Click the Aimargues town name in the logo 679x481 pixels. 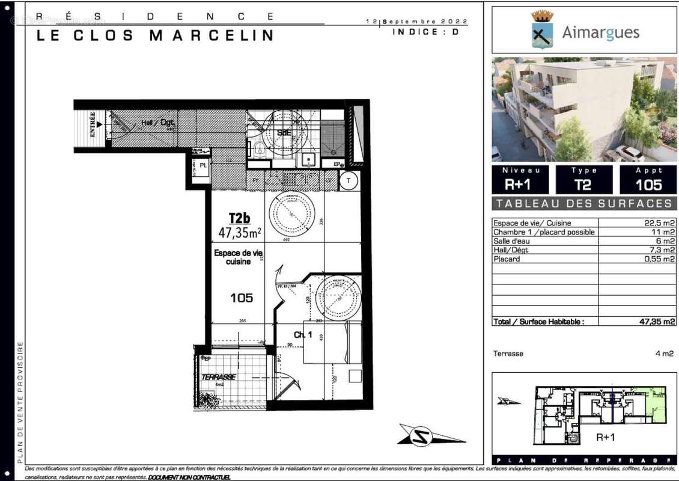600,32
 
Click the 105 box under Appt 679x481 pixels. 648,185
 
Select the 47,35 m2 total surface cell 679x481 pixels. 657,322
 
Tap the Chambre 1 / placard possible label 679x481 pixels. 544,232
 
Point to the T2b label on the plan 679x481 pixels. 239,218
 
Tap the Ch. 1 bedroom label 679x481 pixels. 302,334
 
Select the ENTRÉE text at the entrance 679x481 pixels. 93,125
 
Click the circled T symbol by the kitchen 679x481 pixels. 349,180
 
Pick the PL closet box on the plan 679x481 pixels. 203,164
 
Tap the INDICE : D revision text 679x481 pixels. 425,32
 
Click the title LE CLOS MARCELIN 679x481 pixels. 155,35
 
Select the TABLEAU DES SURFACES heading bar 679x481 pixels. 584,203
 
